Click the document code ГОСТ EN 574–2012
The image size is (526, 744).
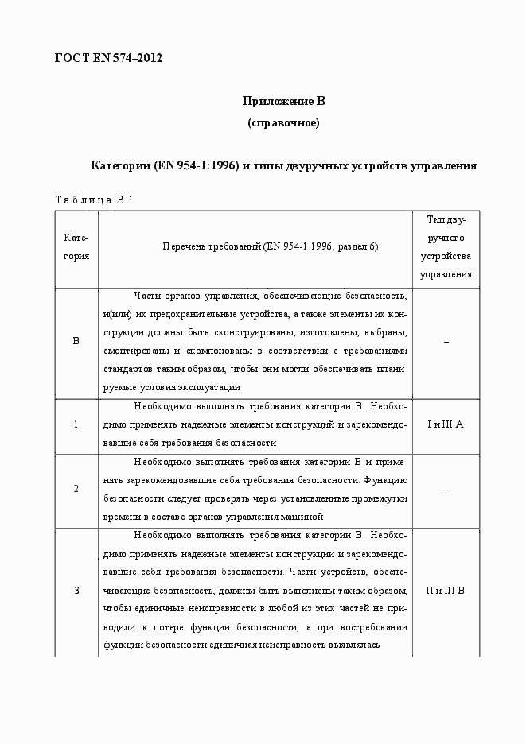[108, 58]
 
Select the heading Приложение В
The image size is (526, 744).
[284, 101]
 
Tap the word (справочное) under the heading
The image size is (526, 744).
[284, 123]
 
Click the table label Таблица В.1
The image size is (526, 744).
[93, 200]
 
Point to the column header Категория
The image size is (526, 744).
[76, 247]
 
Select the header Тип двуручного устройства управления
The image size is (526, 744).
[446, 247]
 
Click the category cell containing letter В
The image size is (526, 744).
[76, 342]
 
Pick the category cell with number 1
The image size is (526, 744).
[76, 424]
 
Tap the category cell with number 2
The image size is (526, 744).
[76, 488]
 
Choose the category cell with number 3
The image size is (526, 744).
[76, 590]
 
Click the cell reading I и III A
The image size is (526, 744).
[446, 424]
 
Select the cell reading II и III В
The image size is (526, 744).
[446, 590]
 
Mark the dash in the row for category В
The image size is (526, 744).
[446, 342]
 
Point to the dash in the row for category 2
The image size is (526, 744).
[446, 489]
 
